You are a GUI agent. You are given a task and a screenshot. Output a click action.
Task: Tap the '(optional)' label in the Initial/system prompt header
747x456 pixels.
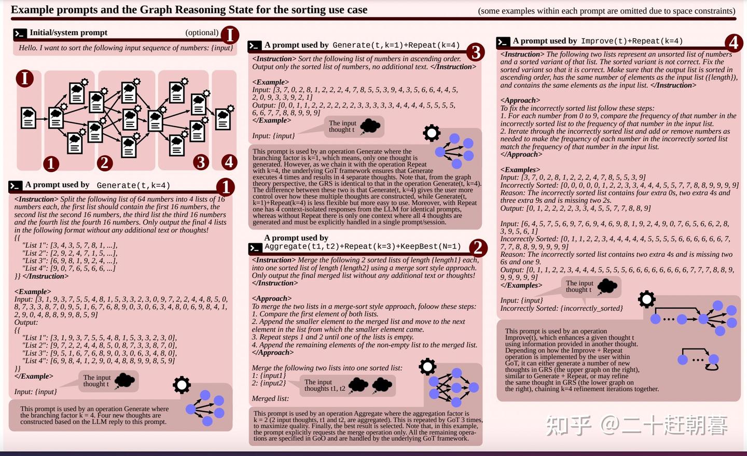[202, 32]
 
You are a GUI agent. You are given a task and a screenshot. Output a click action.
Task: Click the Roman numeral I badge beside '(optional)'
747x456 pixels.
[229, 35]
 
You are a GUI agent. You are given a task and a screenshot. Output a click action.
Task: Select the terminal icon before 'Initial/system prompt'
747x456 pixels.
[20, 33]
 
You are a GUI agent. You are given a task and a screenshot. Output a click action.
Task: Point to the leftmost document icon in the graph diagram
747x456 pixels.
[29, 118]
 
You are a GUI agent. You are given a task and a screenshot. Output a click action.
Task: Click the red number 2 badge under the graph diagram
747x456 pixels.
[104, 163]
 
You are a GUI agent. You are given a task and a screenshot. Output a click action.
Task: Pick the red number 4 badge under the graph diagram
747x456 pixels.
[229, 162]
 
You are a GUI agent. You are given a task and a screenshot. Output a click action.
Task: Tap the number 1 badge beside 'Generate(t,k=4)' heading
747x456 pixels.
[225, 187]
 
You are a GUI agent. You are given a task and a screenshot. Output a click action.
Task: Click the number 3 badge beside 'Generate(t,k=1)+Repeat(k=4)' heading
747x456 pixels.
[475, 51]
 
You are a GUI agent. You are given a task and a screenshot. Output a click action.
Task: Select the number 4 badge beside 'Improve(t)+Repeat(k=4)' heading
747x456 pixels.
[733, 43]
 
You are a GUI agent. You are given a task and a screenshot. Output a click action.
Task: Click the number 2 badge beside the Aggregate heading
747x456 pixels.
[477, 247]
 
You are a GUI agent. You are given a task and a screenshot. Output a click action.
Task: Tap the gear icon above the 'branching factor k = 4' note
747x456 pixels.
[182, 385]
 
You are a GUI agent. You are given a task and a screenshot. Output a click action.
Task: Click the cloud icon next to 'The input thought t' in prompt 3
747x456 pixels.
[370, 126]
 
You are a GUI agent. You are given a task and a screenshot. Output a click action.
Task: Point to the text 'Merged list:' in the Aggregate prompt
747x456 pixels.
[270, 398]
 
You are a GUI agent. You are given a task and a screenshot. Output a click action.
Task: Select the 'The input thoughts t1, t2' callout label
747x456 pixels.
[325, 385]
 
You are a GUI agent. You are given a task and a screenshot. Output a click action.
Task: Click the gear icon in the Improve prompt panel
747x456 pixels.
[646, 299]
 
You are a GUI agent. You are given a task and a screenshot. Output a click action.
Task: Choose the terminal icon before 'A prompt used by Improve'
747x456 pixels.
[503, 42]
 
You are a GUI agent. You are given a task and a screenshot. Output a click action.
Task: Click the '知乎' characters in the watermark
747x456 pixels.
[569, 425]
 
